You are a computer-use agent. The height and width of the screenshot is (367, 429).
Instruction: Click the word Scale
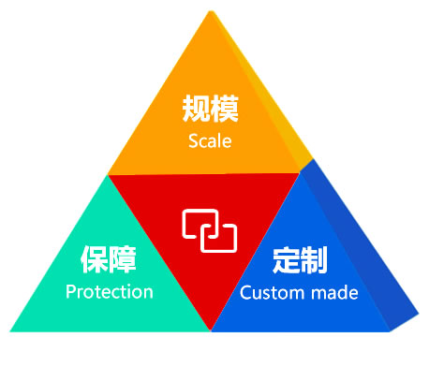(209, 141)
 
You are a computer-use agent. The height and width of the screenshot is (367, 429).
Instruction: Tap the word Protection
(109, 291)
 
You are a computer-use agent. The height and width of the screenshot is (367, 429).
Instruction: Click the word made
(333, 293)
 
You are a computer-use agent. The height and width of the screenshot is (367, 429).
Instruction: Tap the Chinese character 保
(95, 259)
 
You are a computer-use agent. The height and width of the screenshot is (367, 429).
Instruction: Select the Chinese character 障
(124, 259)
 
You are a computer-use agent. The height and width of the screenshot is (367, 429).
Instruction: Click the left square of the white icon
(198, 225)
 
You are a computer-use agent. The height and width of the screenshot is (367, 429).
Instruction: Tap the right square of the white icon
(220, 235)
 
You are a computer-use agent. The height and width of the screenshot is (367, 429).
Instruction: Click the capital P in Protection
(71, 291)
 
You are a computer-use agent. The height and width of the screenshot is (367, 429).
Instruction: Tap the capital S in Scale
(193, 141)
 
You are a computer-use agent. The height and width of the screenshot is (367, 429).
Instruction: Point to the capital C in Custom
(246, 293)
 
